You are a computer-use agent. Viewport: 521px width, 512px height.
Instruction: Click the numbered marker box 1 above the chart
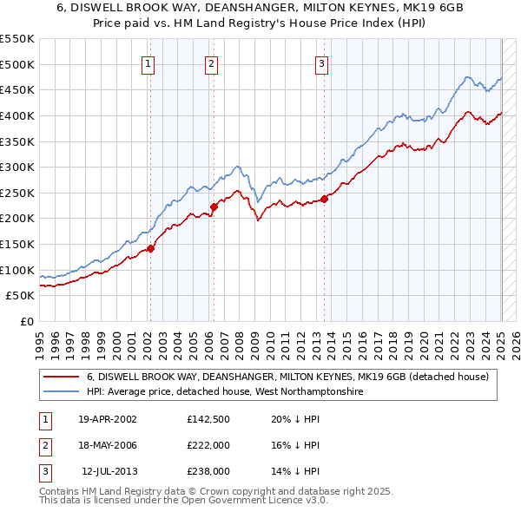point(148,63)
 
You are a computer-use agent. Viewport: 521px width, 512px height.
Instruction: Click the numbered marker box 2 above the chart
point(211,63)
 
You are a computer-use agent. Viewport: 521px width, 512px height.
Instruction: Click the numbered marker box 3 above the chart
point(321,63)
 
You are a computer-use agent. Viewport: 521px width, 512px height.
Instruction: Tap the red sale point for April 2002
point(150,248)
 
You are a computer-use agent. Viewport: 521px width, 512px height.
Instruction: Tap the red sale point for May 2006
point(213,207)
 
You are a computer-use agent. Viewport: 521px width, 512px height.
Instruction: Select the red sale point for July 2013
point(323,199)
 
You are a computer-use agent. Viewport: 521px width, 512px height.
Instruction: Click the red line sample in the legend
point(60,377)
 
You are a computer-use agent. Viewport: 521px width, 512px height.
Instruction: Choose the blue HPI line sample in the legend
point(60,392)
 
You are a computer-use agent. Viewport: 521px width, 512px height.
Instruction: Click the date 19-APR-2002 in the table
point(107,419)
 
